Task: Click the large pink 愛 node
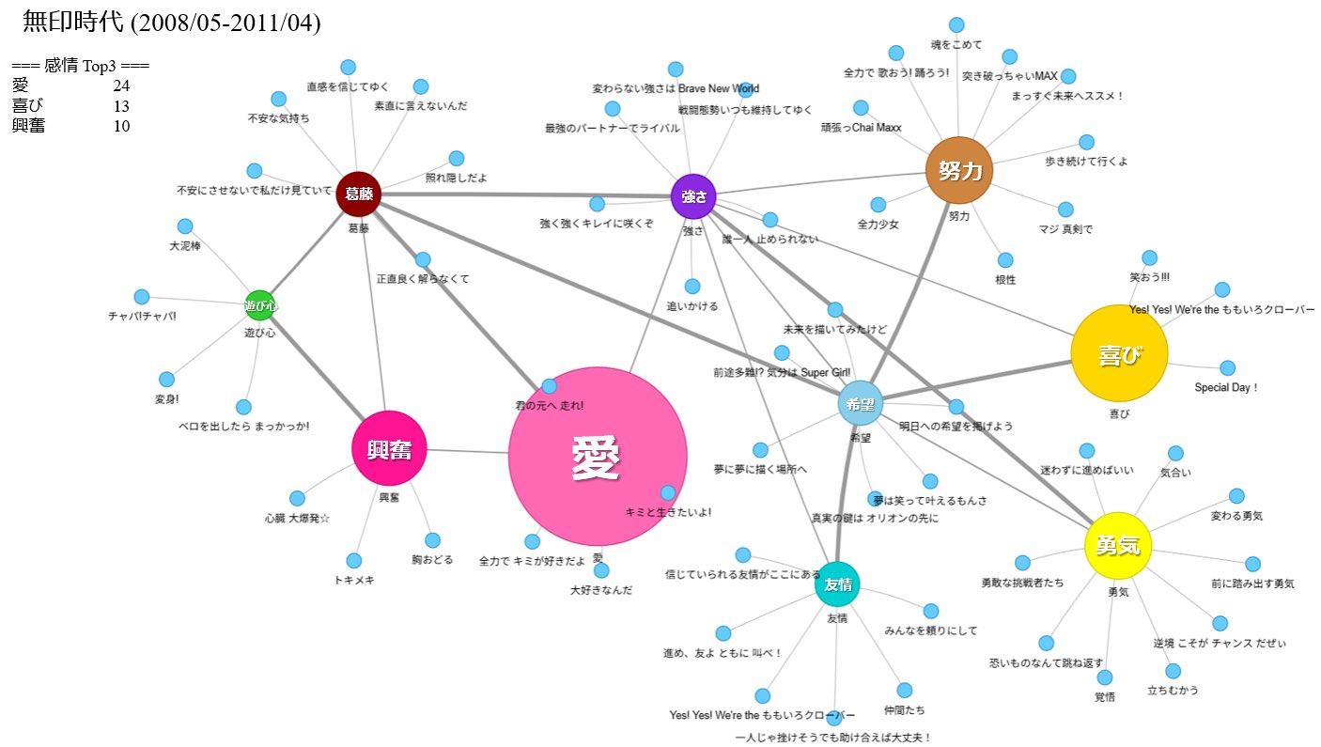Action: [x=597, y=457]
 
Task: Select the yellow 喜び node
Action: [x=1118, y=354]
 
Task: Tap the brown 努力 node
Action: [x=958, y=170]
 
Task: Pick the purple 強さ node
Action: [x=693, y=195]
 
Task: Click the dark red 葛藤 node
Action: [x=358, y=195]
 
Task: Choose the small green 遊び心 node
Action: [x=260, y=305]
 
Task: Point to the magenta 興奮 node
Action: [x=389, y=449]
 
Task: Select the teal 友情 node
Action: [x=837, y=584]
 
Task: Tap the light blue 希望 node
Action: [x=860, y=403]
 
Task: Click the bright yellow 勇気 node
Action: [x=1117, y=545]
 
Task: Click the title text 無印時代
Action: [x=73, y=23]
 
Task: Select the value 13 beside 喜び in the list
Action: [x=121, y=106]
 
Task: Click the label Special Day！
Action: [x=1226, y=387]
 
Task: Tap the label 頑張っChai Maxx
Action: [x=861, y=128]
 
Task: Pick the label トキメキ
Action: [x=354, y=580]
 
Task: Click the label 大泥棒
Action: [x=185, y=245]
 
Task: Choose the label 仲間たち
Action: [x=904, y=709]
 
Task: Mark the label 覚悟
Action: [x=1104, y=696]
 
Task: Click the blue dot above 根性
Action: [x=1005, y=259]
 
